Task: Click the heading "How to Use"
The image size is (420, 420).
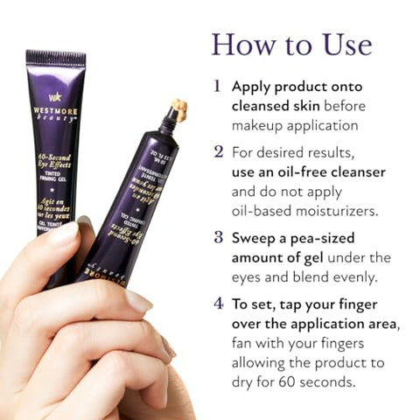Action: point(291,45)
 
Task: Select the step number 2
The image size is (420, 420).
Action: point(217,151)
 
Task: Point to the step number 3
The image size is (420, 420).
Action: point(217,236)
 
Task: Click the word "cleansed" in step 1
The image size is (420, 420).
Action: point(267,106)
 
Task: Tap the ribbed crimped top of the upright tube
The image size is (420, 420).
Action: point(56,59)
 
